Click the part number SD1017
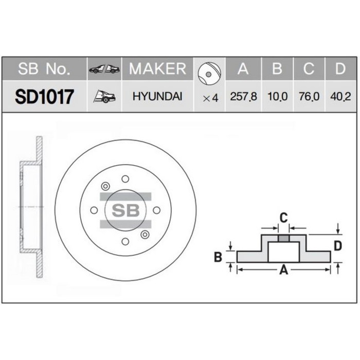(45, 96)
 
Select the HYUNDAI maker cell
(157, 96)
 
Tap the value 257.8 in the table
(243, 96)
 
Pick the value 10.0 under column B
(277, 96)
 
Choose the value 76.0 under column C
(309, 96)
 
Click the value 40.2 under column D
(340, 96)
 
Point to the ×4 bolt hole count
(210, 97)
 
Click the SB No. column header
(45, 69)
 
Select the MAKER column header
(157, 69)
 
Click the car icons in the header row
(104, 69)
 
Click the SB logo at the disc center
(125, 210)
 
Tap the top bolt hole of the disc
(125, 178)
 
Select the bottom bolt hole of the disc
(125, 242)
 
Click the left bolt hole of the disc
(94, 210)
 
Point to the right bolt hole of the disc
(157, 210)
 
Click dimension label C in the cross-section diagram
(283, 217)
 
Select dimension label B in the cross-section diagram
(218, 257)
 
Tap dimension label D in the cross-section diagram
(338, 246)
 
